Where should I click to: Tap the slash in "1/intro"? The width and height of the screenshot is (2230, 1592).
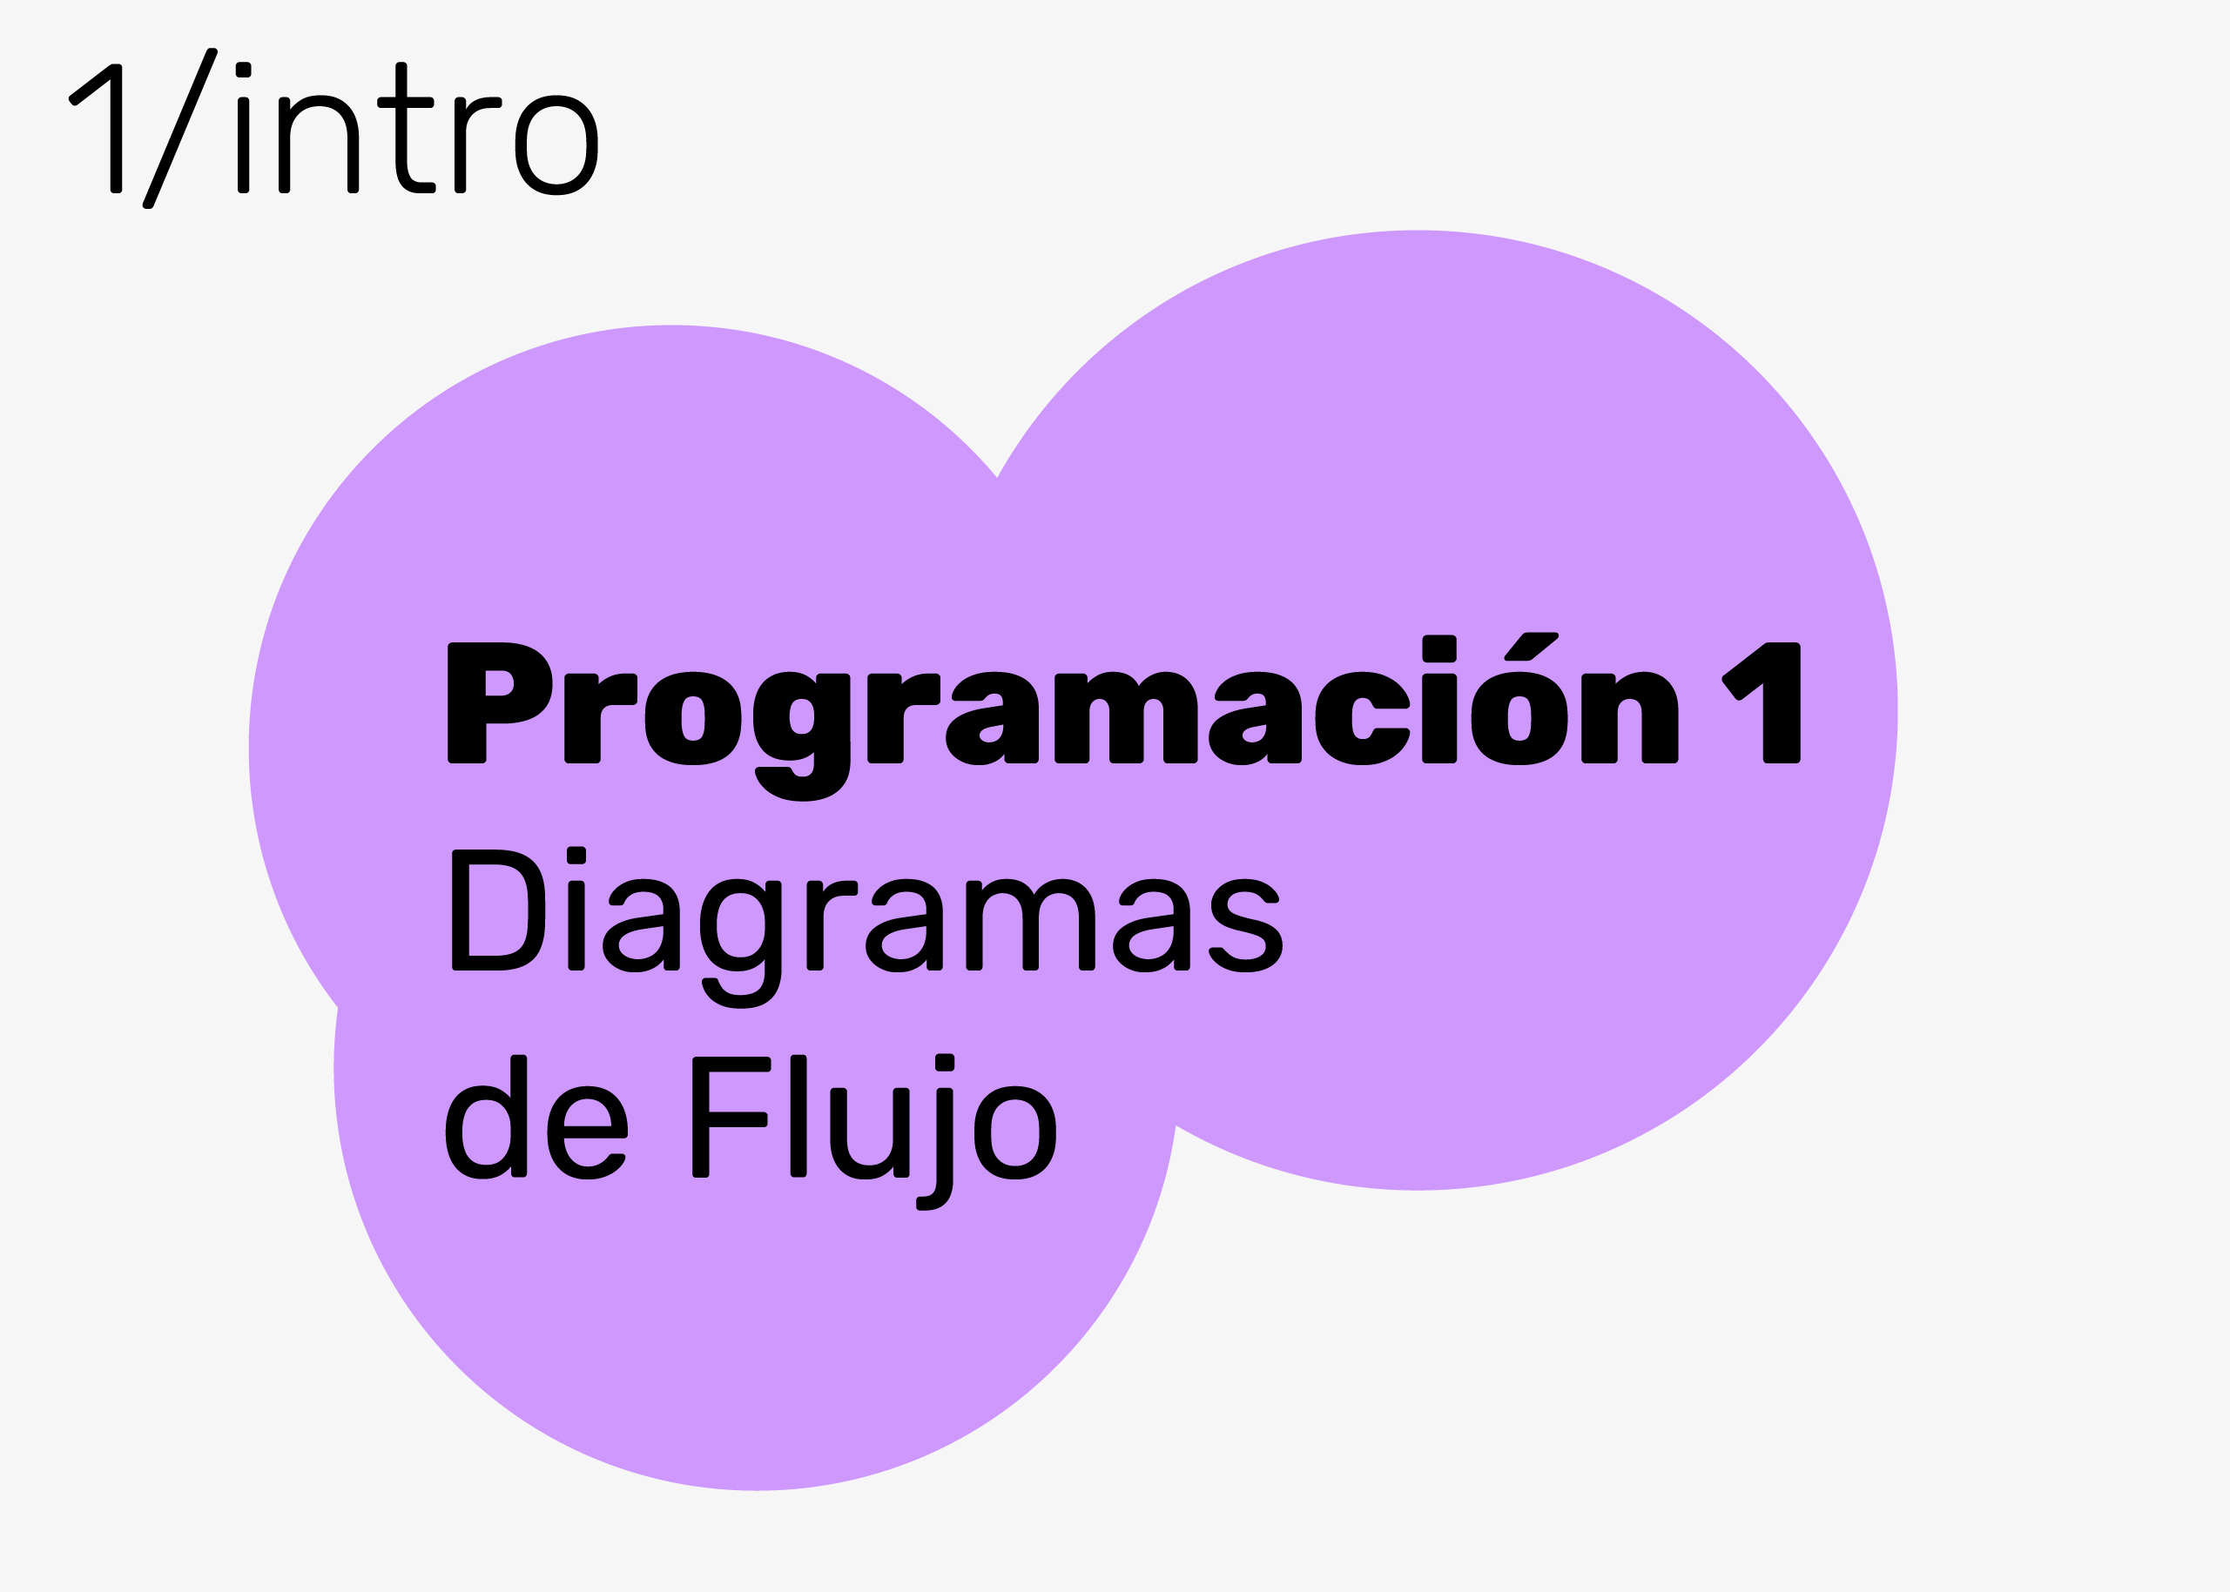pos(179,129)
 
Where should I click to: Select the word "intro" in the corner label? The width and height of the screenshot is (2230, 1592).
pos(417,129)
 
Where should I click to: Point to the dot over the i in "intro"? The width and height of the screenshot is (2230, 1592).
pos(243,70)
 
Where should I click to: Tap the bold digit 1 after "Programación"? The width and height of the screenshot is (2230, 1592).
pos(1762,703)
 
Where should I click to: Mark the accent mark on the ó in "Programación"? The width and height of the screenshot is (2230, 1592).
pos(1532,646)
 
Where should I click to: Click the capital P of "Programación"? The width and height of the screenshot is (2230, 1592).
pos(499,703)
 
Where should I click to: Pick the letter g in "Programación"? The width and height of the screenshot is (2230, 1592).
pos(801,737)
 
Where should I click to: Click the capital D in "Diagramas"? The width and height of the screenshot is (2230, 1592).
pos(498,910)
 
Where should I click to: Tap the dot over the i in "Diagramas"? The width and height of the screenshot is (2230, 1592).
pos(576,855)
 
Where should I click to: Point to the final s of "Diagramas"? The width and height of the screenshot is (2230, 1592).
pos(1246,925)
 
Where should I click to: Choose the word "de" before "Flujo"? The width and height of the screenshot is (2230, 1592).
pos(536,1117)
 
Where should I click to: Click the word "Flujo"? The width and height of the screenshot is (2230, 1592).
pos(873,1132)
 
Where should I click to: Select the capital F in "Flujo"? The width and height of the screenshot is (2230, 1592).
pos(731,1117)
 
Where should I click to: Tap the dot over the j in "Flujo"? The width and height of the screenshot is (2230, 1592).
pos(945,1063)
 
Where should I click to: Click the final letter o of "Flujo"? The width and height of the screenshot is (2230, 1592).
pos(1015,1133)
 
